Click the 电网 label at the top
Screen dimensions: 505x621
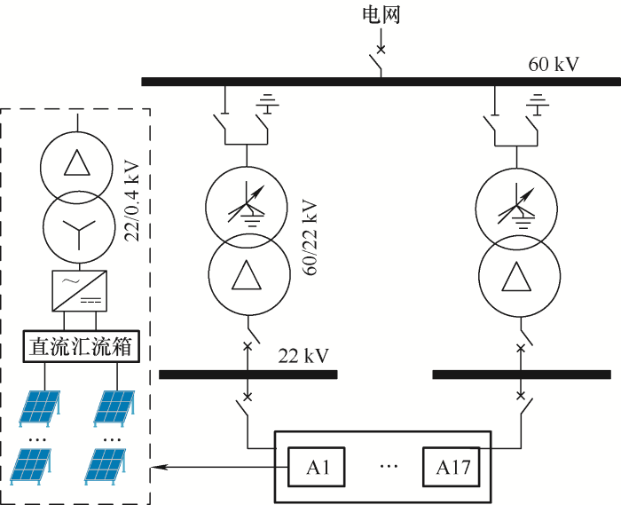tap(381, 15)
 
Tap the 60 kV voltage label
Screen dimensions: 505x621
tap(554, 64)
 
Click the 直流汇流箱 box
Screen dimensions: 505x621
tap(81, 346)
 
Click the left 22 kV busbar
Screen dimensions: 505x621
tap(248, 375)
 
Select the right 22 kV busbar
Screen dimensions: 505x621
tap(522, 375)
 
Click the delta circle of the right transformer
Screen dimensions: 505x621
tap(519, 276)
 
